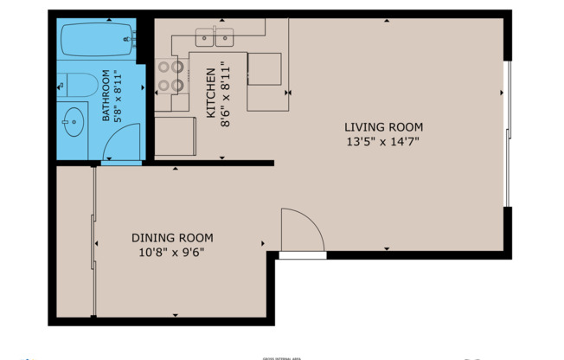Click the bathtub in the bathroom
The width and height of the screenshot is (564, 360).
click(x=95, y=38)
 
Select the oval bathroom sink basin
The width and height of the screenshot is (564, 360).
click(x=74, y=121)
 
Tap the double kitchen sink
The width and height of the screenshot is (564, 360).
click(x=215, y=37)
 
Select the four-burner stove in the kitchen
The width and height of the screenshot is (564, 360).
click(x=170, y=76)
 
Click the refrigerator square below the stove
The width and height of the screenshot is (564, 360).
click(x=176, y=136)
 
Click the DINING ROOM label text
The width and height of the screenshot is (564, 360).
click(x=172, y=238)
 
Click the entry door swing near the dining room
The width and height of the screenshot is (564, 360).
click(x=300, y=232)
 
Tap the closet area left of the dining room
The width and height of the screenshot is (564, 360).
click(x=74, y=242)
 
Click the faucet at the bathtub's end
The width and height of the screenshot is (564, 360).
click(x=131, y=37)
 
